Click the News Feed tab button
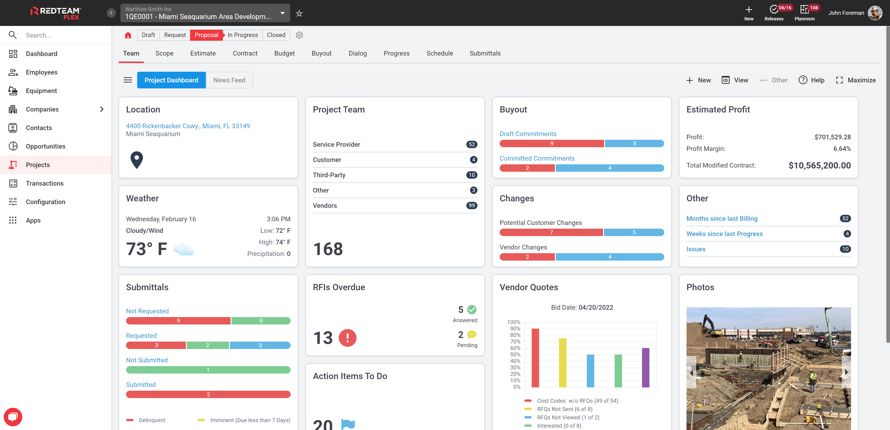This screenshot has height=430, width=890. coord(229,80)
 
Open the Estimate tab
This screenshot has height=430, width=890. coord(203,53)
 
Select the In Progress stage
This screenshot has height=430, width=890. coord(242,35)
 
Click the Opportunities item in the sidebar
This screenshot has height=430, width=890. coord(45,146)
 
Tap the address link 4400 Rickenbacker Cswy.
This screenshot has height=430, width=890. coord(188,126)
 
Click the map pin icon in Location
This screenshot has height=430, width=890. coord(137,160)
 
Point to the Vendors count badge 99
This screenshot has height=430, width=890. coord(471,206)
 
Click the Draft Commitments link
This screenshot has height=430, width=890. coord(528,134)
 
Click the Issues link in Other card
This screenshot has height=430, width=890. coord(696,249)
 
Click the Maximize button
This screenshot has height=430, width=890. coord(855,80)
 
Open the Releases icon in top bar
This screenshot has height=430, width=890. coord(774,12)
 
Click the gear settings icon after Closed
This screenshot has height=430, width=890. coord(299,35)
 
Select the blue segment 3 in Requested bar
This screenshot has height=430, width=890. coord(260,345)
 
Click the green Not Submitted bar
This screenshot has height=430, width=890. coord(208,370)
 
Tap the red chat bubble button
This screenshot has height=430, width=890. coord(13,417)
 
